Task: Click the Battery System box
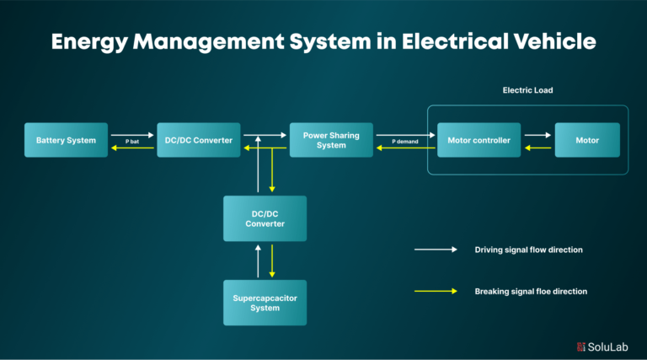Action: click(66, 140)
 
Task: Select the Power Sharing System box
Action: click(331, 140)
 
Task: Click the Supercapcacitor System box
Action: click(265, 303)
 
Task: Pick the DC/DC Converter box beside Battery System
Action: click(200, 140)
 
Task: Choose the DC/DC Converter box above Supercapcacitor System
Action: click(265, 218)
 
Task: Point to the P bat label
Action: click(132, 141)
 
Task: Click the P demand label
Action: click(405, 141)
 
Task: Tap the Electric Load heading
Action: click(527, 90)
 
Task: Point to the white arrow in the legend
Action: click(435, 250)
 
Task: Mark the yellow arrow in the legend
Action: click(435, 291)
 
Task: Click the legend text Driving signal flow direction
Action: click(529, 250)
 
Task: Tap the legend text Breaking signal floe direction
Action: click(531, 291)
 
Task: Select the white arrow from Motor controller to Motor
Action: click(537, 134)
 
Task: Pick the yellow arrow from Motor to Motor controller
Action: click(537, 148)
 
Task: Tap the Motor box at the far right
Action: click(587, 140)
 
